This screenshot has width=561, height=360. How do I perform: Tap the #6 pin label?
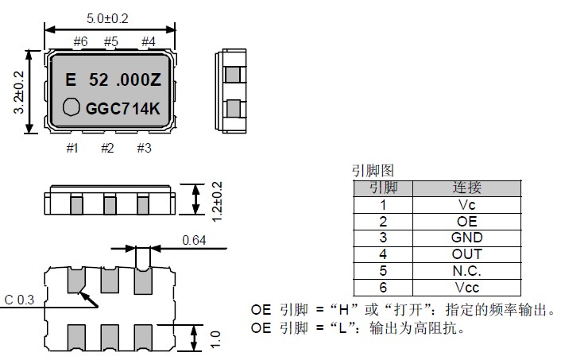click(79, 41)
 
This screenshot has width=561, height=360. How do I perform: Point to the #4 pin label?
click(148, 41)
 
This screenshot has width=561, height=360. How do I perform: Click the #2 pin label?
click(108, 148)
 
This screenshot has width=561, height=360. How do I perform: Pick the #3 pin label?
click(144, 148)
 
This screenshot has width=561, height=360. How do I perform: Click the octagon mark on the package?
click(72, 106)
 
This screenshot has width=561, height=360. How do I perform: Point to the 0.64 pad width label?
click(195, 240)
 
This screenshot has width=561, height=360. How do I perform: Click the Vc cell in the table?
click(466, 204)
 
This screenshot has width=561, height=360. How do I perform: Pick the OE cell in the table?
click(466, 221)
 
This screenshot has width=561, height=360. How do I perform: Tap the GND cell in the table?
click(466, 238)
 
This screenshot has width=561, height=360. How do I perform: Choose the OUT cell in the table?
click(466, 254)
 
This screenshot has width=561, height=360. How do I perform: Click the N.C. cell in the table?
click(466, 271)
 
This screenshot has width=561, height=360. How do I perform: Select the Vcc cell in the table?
click(466, 288)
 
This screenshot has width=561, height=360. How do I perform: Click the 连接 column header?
click(466, 188)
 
